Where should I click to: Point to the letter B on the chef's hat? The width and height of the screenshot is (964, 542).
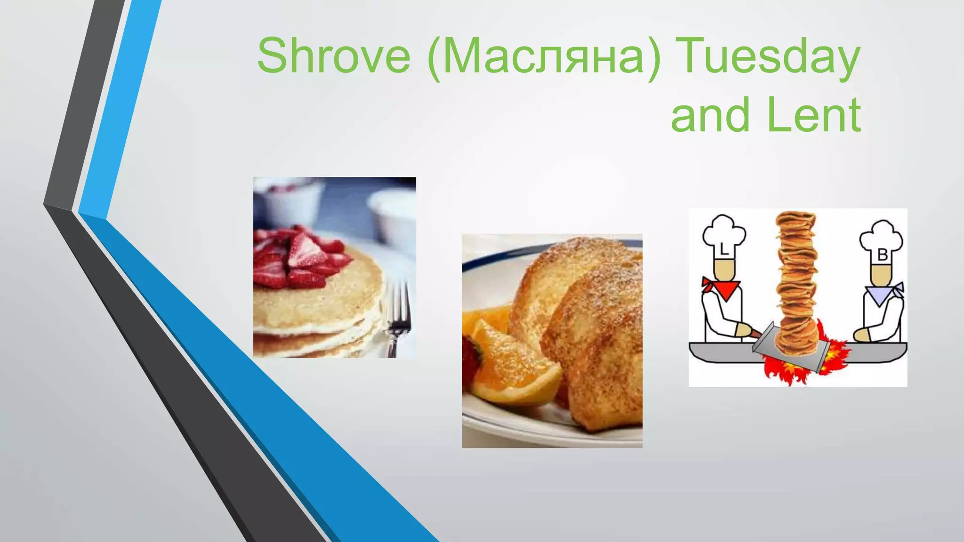(x=883, y=255)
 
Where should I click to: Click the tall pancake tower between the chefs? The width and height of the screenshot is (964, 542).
(x=796, y=282)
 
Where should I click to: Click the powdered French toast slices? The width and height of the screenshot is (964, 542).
(x=588, y=320)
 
